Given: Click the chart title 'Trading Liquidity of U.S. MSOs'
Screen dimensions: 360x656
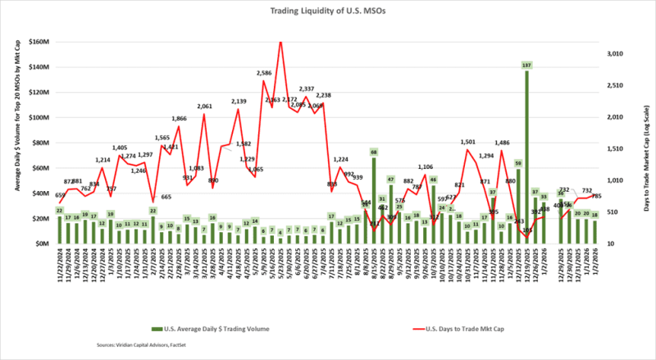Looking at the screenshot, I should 328,12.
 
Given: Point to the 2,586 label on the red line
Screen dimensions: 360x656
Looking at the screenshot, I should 264,73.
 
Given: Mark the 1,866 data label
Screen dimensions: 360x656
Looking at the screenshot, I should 180,118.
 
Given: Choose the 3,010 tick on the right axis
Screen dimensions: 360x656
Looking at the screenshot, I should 615,53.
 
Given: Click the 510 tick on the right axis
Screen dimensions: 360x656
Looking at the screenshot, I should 619,212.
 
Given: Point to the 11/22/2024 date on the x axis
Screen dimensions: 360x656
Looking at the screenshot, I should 60,267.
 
